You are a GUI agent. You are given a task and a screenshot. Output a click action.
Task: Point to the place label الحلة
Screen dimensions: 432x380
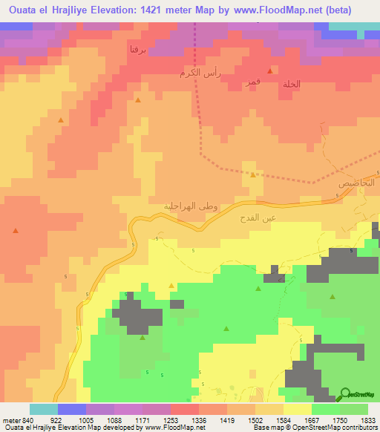tap(292, 84)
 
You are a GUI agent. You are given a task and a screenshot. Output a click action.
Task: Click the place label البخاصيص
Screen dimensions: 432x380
tap(358, 182)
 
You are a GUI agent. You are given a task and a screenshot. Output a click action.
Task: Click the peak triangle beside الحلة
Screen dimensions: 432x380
tap(271, 71)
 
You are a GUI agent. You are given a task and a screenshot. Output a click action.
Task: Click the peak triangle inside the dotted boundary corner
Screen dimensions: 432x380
tap(253, 175)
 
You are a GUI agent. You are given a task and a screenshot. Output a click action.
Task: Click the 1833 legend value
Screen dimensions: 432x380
tap(368, 420)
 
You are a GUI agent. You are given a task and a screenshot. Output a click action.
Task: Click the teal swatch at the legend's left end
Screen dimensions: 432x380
tap(44, 409)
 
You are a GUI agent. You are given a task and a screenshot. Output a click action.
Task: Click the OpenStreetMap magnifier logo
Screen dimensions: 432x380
tap(344, 393)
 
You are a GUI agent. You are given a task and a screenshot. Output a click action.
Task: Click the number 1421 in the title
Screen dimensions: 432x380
tap(156, 10)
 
